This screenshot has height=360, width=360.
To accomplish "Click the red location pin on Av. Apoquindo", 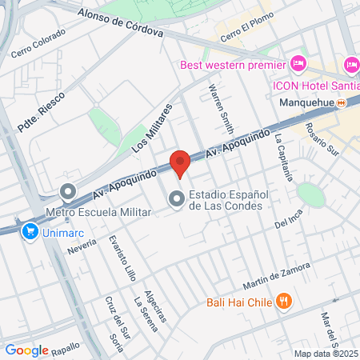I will point(180,162).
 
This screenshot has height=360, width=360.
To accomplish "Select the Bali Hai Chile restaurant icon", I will point(282,302).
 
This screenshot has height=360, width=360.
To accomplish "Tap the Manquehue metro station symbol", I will point(341,103).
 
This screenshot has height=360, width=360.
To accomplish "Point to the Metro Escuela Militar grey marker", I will point(68,192).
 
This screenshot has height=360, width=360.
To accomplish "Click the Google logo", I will point(26,350).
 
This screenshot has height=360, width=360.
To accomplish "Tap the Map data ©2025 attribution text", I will point(326,354).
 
